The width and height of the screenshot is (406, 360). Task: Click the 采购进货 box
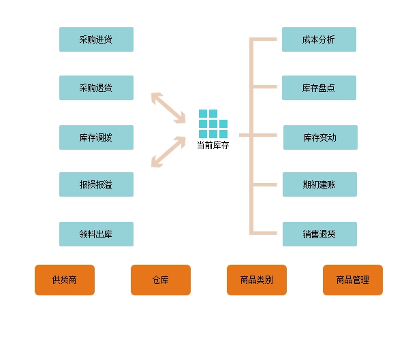(96, 39)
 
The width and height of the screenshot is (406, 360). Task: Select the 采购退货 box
(96, 88)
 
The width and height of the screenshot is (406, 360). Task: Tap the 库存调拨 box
(96, 137)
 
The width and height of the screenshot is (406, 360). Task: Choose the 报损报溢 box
(96, 184)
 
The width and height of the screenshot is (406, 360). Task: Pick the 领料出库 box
(96, 234)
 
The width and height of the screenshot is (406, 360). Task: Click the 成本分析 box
(319, 39)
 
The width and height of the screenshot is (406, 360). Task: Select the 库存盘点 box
(319, 88)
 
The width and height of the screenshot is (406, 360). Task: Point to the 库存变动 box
(320, 137)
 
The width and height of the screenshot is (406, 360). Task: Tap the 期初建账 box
(319, 184)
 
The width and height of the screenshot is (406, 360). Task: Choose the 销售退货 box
(319, 234)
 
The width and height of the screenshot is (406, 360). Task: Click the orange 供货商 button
(65, 280)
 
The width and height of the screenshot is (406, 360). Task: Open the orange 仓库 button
(161, 280)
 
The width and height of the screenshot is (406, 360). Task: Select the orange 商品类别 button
(257, 280)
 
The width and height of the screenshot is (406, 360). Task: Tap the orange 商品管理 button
(353, 280)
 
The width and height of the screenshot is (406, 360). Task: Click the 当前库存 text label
(213, 146)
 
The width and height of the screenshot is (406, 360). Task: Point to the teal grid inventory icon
(213, 124)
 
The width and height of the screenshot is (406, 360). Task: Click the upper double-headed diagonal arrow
(168, 108)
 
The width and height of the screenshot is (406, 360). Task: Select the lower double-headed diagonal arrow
(168, 152)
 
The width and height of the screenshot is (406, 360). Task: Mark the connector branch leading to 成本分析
(264, 39)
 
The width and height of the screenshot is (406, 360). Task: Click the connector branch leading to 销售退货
(264, 233)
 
